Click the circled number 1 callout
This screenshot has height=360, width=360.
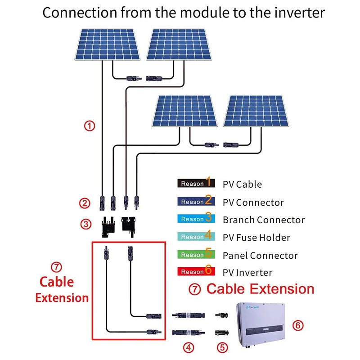point(90,126)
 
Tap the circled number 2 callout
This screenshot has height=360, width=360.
point(85,203)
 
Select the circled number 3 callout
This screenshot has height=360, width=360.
point(85,223)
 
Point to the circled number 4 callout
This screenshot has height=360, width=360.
point(189,347)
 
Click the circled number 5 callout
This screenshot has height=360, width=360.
point(222,347)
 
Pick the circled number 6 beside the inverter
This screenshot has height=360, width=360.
point(297,325)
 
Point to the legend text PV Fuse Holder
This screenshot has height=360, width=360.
point(256,238)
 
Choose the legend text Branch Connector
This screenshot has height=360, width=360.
point(264,220)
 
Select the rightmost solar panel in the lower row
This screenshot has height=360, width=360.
point(255,111)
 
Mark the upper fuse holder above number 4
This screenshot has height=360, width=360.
point(189,315)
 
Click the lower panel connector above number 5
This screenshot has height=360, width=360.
point(222,333)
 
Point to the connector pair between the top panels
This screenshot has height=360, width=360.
point(144,78)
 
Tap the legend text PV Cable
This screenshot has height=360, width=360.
point(242,184)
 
